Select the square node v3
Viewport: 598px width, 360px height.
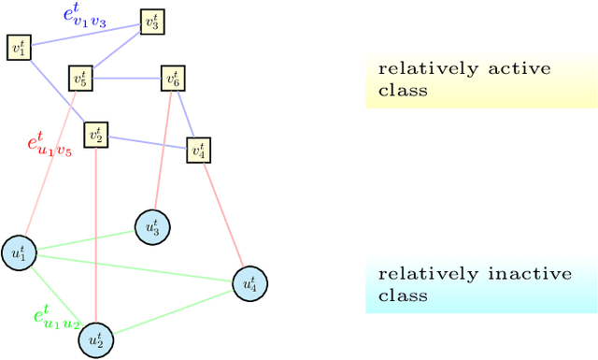[152, 23]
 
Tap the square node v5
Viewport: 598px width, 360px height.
[81, 79]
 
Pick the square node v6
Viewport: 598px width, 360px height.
[173, 79]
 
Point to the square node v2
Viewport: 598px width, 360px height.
[95, 135]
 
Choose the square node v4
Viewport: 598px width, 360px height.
[198, 149]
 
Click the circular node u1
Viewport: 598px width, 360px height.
[19, 253]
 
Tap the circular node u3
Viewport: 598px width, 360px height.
[152, 225]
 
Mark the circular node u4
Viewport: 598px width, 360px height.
[249, 281]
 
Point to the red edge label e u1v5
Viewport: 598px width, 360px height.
[49, 145]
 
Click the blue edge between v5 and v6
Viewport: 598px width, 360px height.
[127, 79]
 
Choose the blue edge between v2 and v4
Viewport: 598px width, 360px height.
[147, 142]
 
